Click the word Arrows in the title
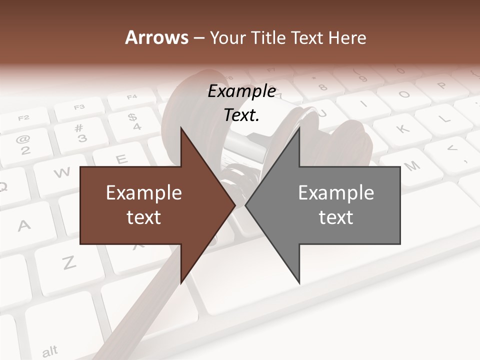point(156,37)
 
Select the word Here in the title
point(347,37)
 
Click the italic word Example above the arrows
point(241,91)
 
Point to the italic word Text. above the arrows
point(241,115)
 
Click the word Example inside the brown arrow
point(143,192)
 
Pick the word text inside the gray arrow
point(336,217)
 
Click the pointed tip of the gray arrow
point(246,205)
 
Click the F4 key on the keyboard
point(132,97)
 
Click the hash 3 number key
point(79,133)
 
